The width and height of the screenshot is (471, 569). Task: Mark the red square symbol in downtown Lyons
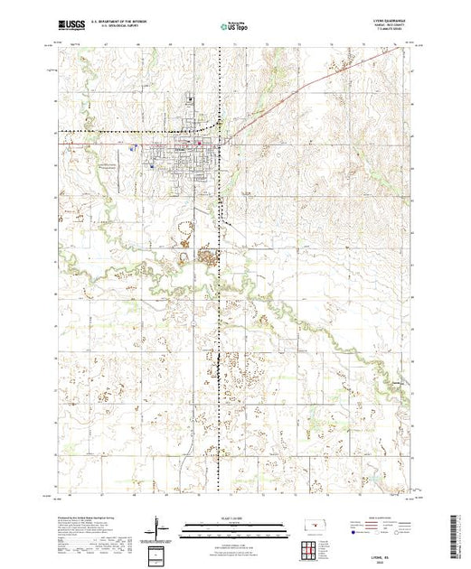tap(199, 143)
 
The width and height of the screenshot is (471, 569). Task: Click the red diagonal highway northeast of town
tap(289, 95)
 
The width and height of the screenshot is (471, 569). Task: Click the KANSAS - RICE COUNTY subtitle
tap(385, 28)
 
